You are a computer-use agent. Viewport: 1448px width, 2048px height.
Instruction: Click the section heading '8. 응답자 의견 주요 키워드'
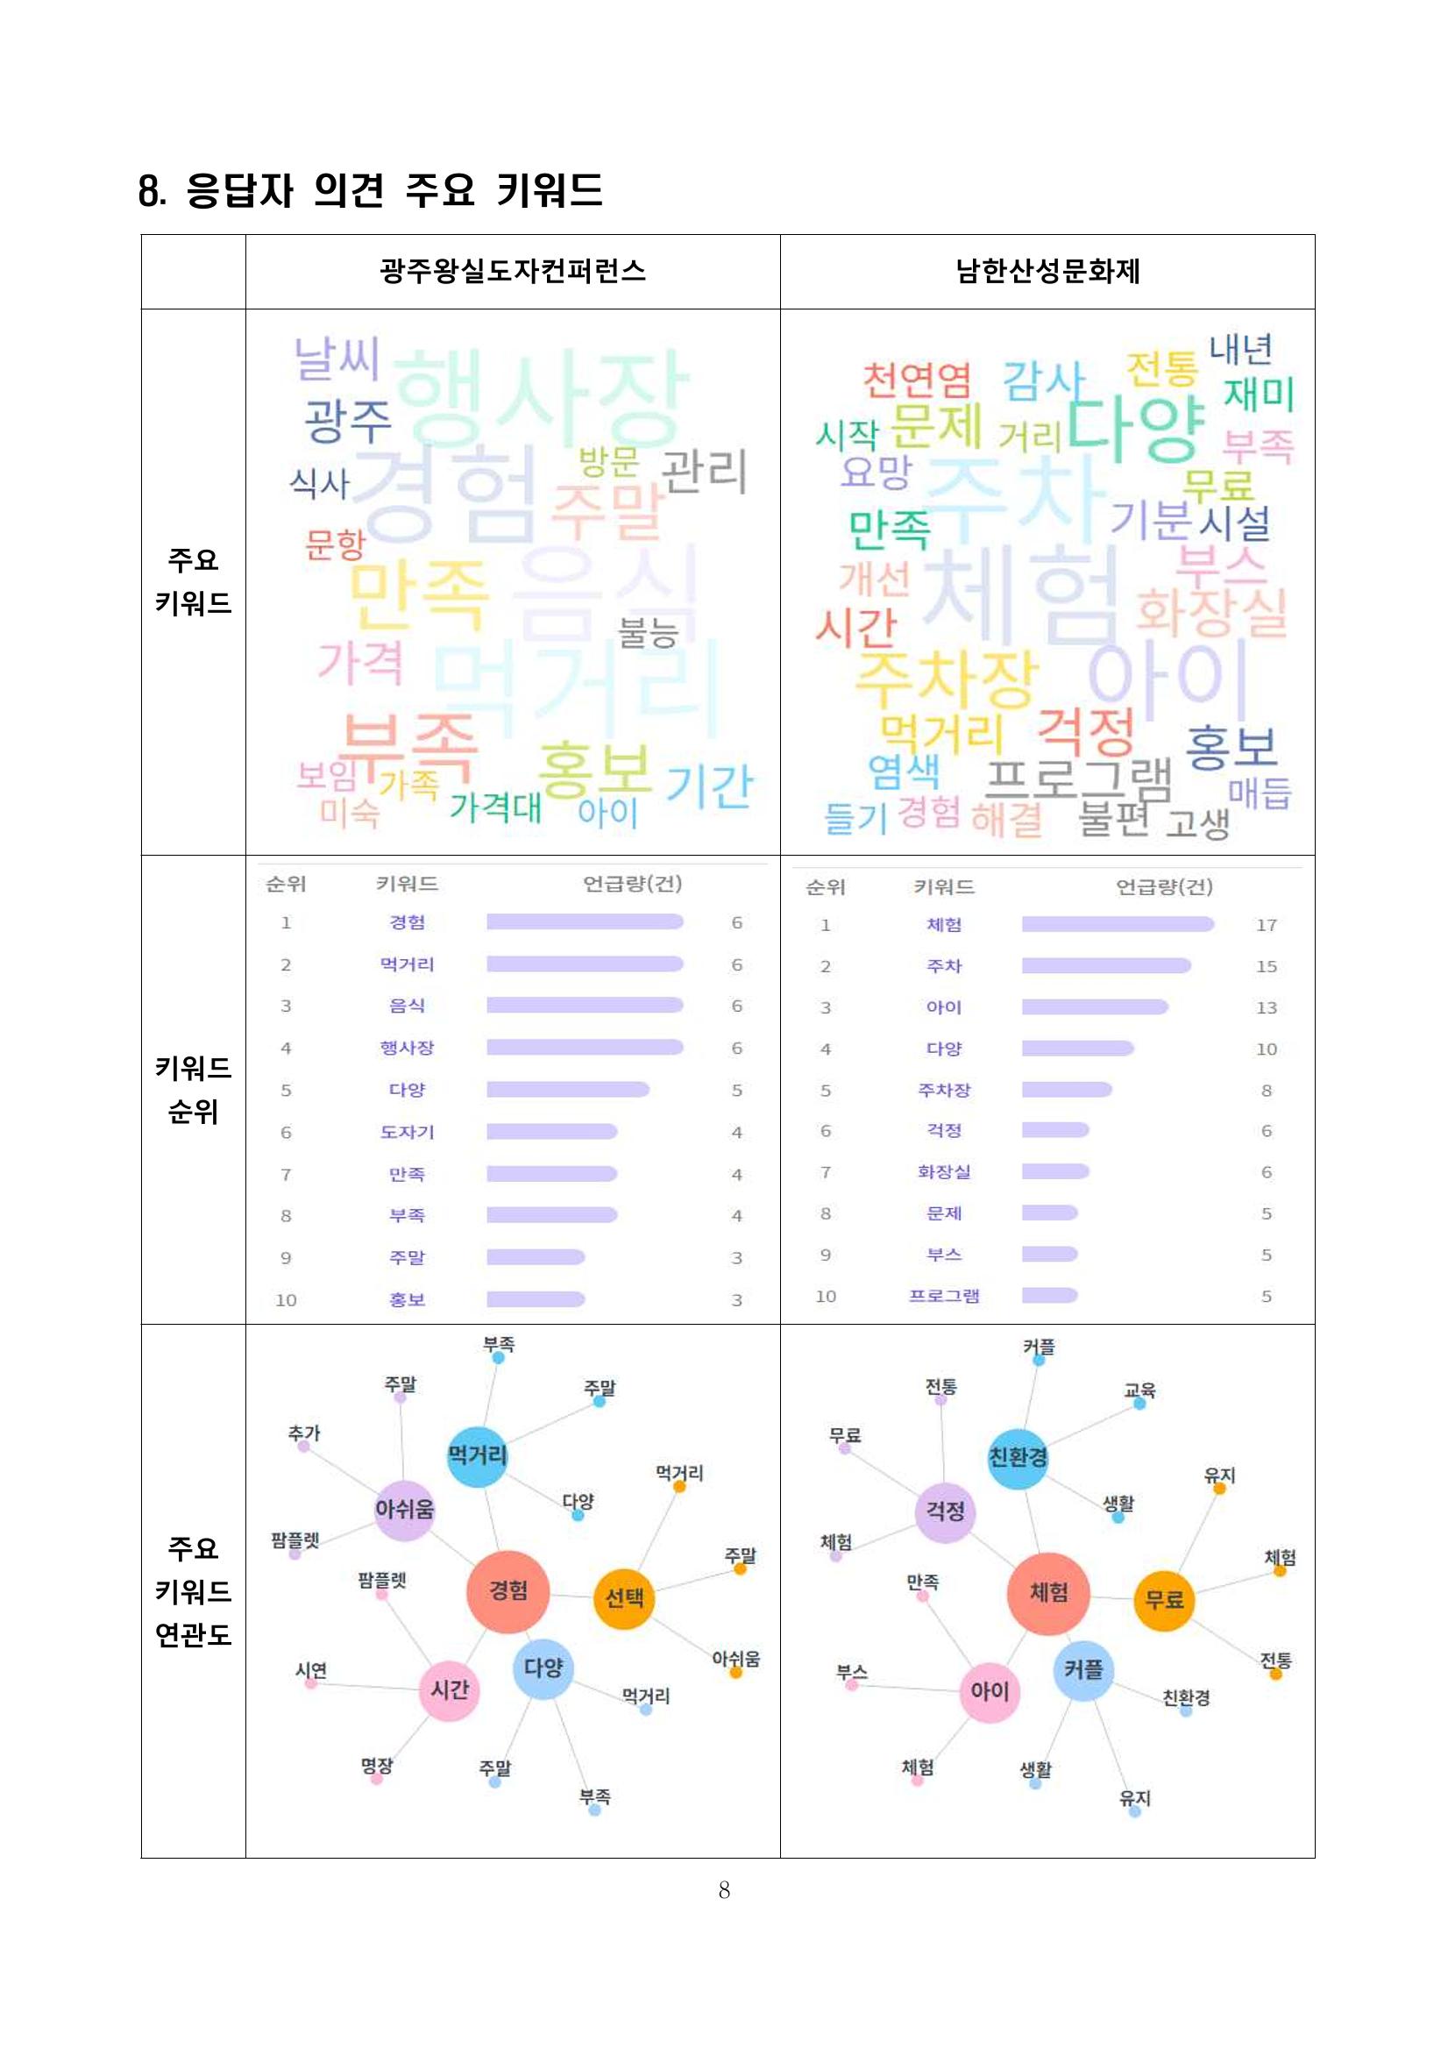pyautogui.click(x=370, y=190)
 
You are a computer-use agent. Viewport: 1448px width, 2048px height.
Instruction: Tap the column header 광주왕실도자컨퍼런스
pyautogui.click(x=513, y=270)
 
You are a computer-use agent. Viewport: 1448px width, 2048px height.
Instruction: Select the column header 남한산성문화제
pyautogui.click(x=1047, y=270)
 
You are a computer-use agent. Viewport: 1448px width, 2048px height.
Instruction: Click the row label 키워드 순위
pyautogui.click(x=193, y=1089)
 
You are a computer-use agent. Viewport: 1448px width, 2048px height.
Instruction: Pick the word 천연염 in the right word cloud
pyautogui.click(x=916, y=380)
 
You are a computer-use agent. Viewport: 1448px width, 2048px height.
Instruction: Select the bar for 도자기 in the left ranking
pyautogui.click(x=551, y=1131)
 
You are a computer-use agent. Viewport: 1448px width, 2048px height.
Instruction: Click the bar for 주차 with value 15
pyautogui.click(x=1105, y=965)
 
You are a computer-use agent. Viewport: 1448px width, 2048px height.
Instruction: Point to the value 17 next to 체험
pyautogui.click(x=1265, y=925)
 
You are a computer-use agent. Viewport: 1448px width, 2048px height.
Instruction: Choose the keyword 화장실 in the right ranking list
pyautogui.click(x=943, y=1171)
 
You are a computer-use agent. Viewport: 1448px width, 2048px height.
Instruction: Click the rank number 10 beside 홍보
pyautogui.click(x=286, y=1299)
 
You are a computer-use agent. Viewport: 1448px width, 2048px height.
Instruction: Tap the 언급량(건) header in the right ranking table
pyautogui.click(x=1164, y=885)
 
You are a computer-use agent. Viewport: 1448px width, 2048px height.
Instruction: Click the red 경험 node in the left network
pyautogui.click(x=508, y=1592)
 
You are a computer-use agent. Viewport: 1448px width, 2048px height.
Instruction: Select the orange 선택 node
pyautogui.click(x=623, y=1598)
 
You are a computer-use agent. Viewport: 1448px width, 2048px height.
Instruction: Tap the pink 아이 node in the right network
pyautogui.click(x=989, y=1691)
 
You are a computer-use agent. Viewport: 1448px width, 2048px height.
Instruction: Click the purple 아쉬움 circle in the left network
pyautogui.click(x=404, y=1509)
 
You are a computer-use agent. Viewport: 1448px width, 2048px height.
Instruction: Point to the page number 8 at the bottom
pyautogui.click(x=724, y=1889)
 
